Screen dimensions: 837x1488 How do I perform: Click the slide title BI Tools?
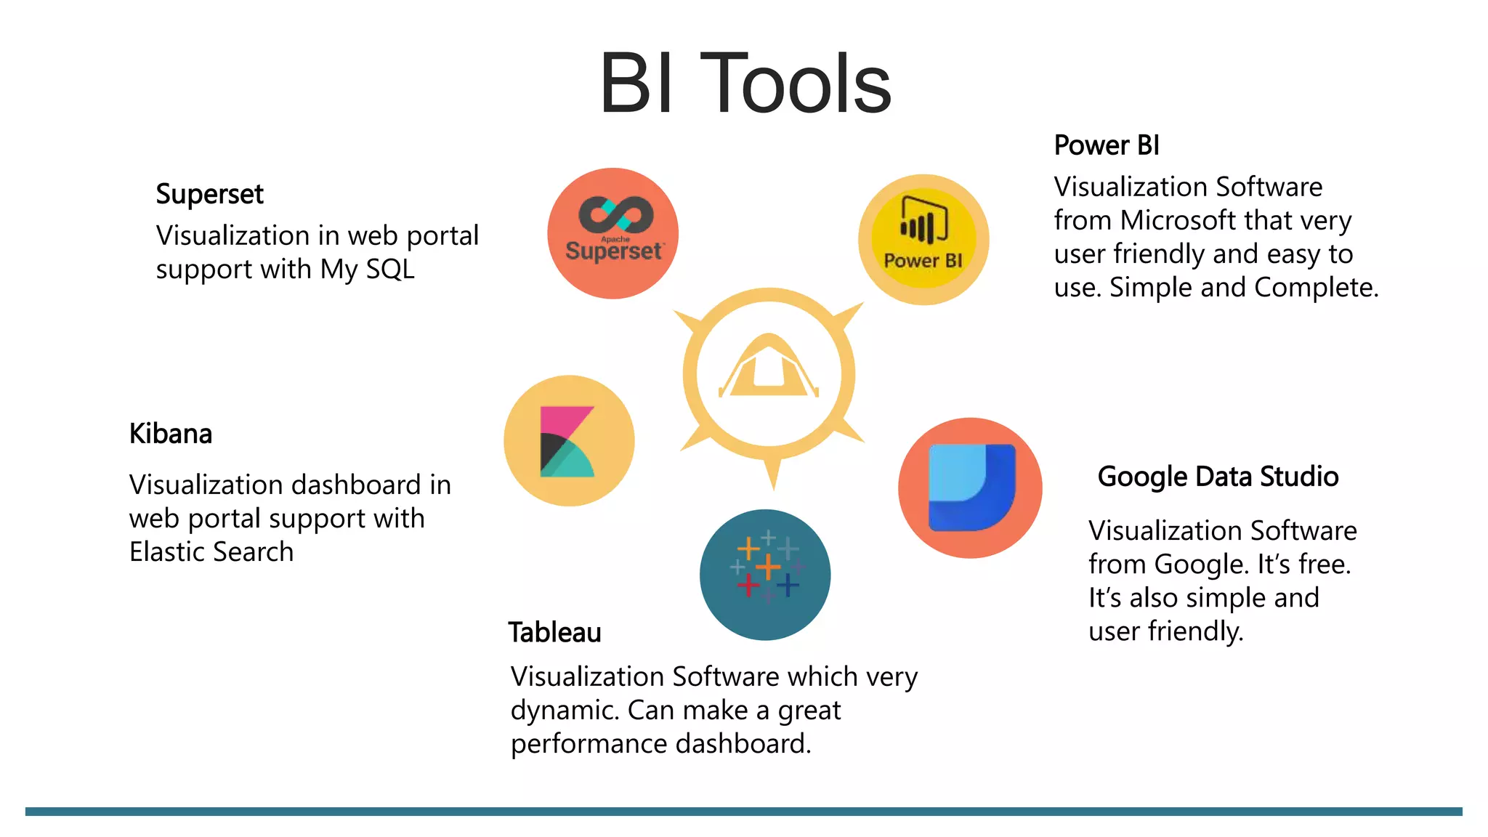(745, 84)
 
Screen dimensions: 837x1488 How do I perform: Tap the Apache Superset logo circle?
(612, 233)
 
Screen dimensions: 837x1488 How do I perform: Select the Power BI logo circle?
(923, 239)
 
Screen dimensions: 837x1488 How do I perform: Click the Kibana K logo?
(567, 441)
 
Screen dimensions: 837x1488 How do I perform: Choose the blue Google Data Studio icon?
(971, 488)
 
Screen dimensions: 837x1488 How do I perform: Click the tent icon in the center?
(769, 367)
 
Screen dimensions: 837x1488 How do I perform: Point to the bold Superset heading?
(209, 194)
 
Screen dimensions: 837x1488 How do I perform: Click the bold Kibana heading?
(171, 434)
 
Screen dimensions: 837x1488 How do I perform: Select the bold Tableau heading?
(554, 632)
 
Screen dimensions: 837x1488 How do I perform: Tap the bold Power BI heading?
(1106, 145)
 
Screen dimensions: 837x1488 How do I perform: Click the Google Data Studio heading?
(1218, 477)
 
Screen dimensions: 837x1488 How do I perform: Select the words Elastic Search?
(211, 551)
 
